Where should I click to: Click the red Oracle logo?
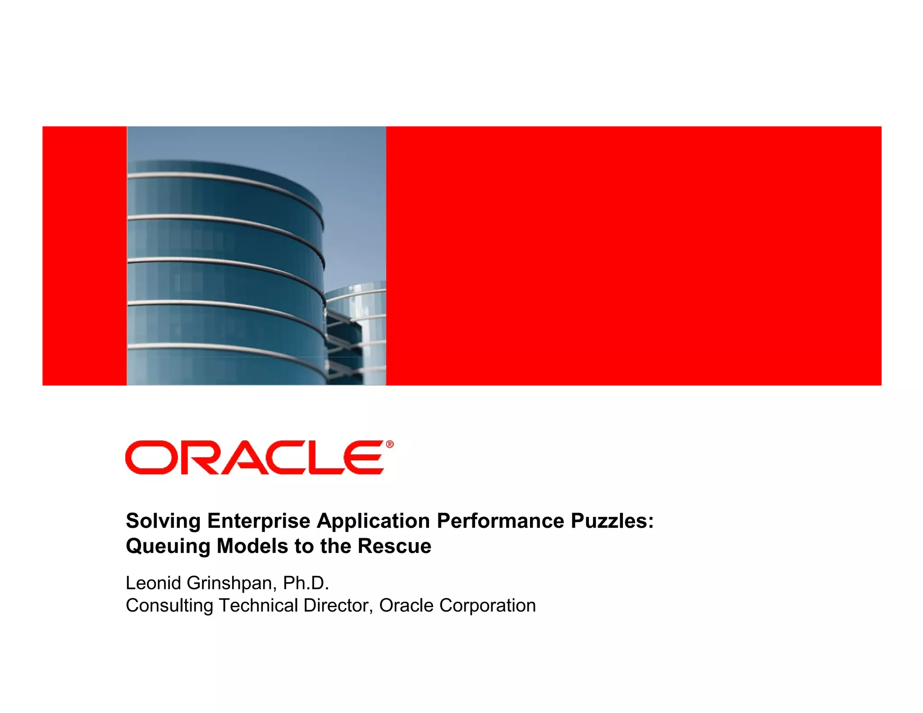click(255, 457)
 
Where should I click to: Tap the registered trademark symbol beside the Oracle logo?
click(390, 444)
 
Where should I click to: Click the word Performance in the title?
click(500, 521)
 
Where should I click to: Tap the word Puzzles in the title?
click(612, 521)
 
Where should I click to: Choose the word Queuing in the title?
click(168, 547)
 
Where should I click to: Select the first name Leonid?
click(153, 583)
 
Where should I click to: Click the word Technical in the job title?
click(258, 606)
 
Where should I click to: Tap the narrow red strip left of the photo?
click(84, 256)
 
